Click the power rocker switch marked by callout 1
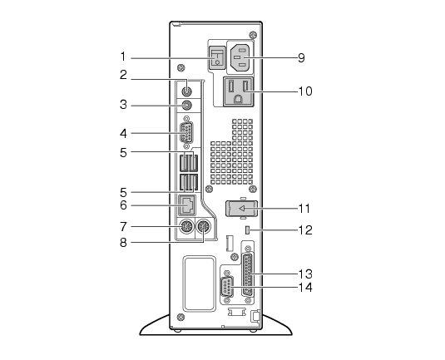[217, 57]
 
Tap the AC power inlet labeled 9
[240, 57]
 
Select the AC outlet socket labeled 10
[239, 91]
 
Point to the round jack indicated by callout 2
[186, 91]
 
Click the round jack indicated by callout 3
[186, 106]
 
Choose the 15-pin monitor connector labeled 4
[186, 132]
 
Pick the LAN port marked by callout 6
[187, 205]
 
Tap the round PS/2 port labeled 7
[187, 226]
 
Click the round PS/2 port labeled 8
[204, 226]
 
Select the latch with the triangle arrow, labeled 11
[242, 209]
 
